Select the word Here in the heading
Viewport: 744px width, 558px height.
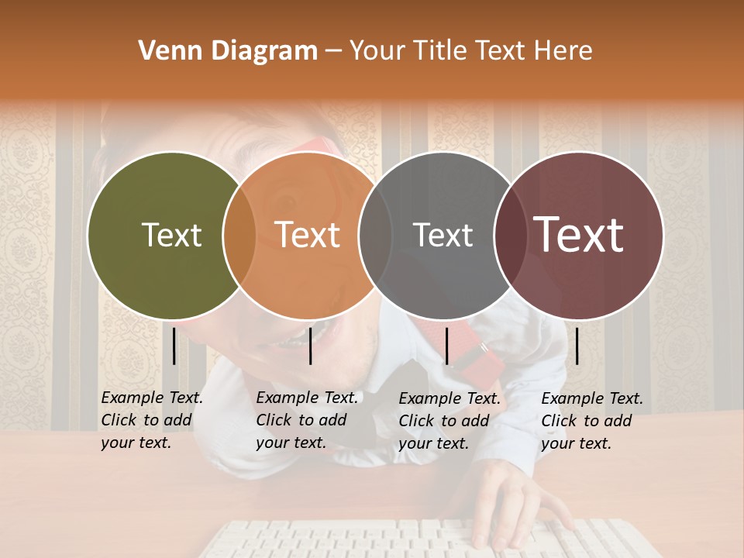pyautogui.click(x=565, y=51)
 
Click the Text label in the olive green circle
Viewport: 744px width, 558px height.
pyautogui.click(x=171, y=235)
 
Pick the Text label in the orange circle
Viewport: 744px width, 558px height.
pyautogui.click(x=308, y=235)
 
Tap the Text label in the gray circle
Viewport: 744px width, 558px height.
pyautogui.click(x=443, y=235)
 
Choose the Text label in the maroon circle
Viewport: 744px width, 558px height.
pyautogui.click(x=579, y=235)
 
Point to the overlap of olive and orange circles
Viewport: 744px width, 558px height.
pyautogui.click(x=239, y=235)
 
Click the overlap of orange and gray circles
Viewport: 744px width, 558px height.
pyautogui.click(x=375, y=235)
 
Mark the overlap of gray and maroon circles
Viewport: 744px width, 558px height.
pyautogui.click(x=511, y=235)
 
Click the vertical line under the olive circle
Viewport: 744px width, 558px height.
pyautogui.click(x=174, y=346)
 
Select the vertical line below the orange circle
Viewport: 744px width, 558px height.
pyautogui.click(x=310, y=346)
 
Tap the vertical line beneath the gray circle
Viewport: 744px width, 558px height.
pyautogui.click(x=446, y=346)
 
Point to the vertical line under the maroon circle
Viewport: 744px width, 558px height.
pyautogui.click(x=577, y=346)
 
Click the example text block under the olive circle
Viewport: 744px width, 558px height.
pyautogui.click(x=151, y=420)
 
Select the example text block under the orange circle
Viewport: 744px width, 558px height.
pyautogui.click(x=306, y=420)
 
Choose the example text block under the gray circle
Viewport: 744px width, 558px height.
pyautogui.click(x=449, y=421)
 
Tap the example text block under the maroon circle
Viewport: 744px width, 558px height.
pyautogui.click(x=591, y=421)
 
